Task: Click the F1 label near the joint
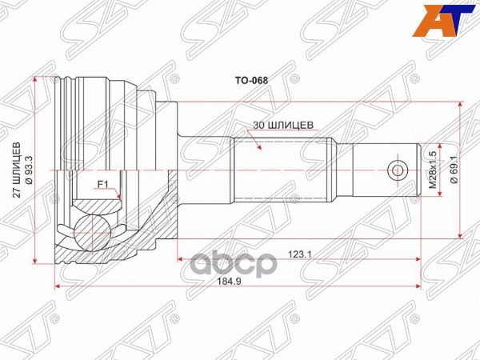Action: (x=102, y=185)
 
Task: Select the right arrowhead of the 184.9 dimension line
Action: (x=418, y=286)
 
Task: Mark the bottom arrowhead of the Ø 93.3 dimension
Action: (x=38, y=262)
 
